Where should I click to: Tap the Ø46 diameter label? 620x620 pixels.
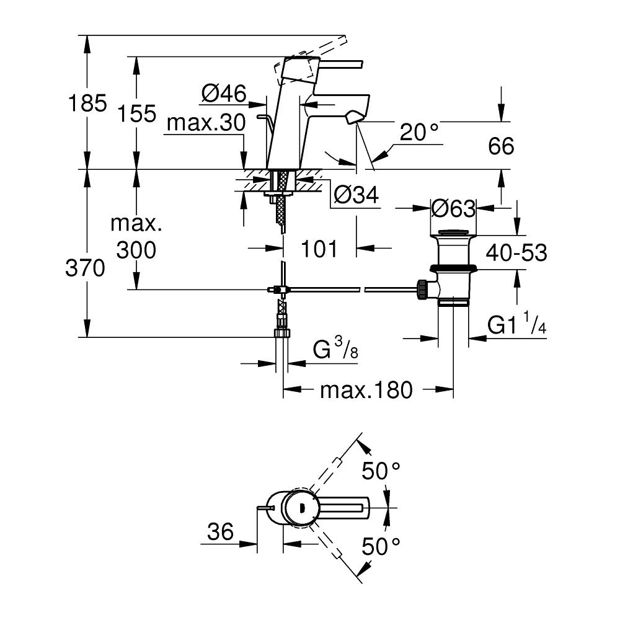click(224, 94)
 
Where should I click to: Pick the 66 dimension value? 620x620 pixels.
click(501, 146)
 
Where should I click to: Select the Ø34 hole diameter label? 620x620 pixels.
click(355, 196)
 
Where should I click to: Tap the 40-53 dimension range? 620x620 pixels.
click(516, 253)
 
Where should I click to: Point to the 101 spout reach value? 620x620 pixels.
click(319, 249)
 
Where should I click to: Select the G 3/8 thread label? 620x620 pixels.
click(335, 351)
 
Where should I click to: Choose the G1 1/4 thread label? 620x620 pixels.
click(516, 325)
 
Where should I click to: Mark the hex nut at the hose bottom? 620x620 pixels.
click(282, 333)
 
